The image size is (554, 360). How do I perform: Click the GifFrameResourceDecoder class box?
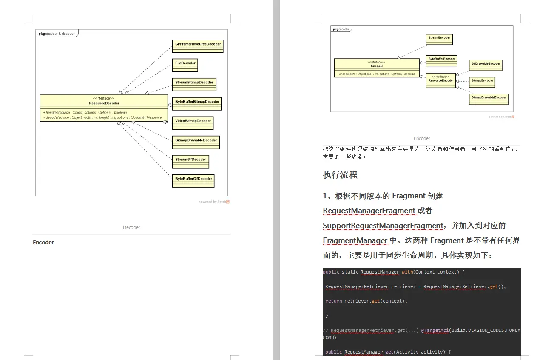(198, 46)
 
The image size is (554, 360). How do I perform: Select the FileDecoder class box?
(185, 65)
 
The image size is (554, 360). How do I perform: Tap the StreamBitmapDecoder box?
(194, 84)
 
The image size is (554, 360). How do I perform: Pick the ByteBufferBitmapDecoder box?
(197, 103)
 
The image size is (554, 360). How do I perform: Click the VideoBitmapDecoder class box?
(193, 123)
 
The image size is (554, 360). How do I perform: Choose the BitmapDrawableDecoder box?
(196, 142)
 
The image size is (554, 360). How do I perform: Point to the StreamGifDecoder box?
(190, 161)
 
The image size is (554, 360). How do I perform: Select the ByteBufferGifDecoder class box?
(193, 180)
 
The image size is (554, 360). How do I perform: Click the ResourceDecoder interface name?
(104, 103)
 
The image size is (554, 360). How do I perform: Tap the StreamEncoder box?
(439, 39)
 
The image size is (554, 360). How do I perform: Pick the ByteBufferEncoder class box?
(442, 60)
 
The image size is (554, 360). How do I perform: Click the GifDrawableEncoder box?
(486, 65)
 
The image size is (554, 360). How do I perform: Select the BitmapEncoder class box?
(482, 82)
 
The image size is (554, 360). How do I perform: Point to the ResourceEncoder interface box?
(441, 80)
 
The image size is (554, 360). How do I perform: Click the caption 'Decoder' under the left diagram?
(132, 227)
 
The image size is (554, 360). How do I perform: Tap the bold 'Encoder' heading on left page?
(43, 243)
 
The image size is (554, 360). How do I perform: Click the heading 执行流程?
(340, 175)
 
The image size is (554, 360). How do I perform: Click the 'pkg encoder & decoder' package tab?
(57, 34)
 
